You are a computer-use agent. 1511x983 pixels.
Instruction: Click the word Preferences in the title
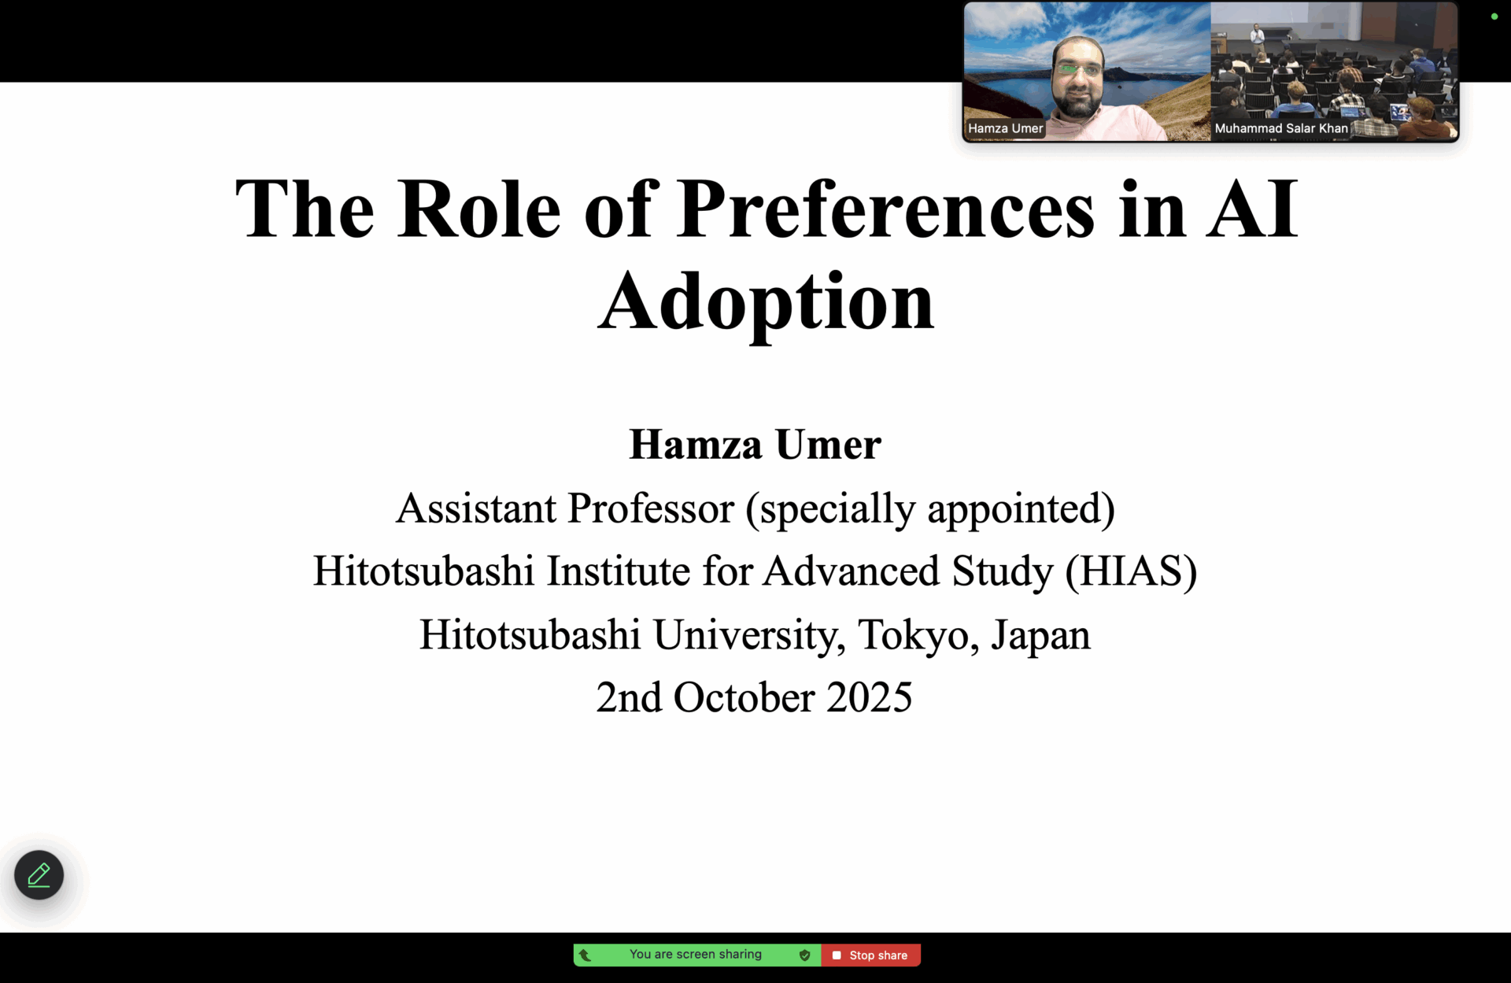[885, 209]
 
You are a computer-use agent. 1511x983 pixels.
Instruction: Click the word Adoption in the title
[766, 304]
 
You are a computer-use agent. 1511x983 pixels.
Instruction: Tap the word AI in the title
[1252, 209]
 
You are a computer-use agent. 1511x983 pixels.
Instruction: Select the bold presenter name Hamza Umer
[755, 445]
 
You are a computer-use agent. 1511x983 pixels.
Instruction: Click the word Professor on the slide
[651, 508]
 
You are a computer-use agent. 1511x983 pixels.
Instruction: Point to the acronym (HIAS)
[1131, 571]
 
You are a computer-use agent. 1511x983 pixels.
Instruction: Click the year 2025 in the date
[869, 698]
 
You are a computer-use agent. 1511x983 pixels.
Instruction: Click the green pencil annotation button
[39, 875]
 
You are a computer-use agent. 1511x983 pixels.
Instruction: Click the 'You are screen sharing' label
[696, 955]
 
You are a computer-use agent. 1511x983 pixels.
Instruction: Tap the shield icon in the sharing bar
[804, 955]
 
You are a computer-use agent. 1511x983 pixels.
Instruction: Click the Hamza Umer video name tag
[1005, 128]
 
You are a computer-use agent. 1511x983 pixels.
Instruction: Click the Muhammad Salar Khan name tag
[1281, 128]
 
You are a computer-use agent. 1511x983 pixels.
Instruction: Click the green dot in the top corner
[1494, 17]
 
